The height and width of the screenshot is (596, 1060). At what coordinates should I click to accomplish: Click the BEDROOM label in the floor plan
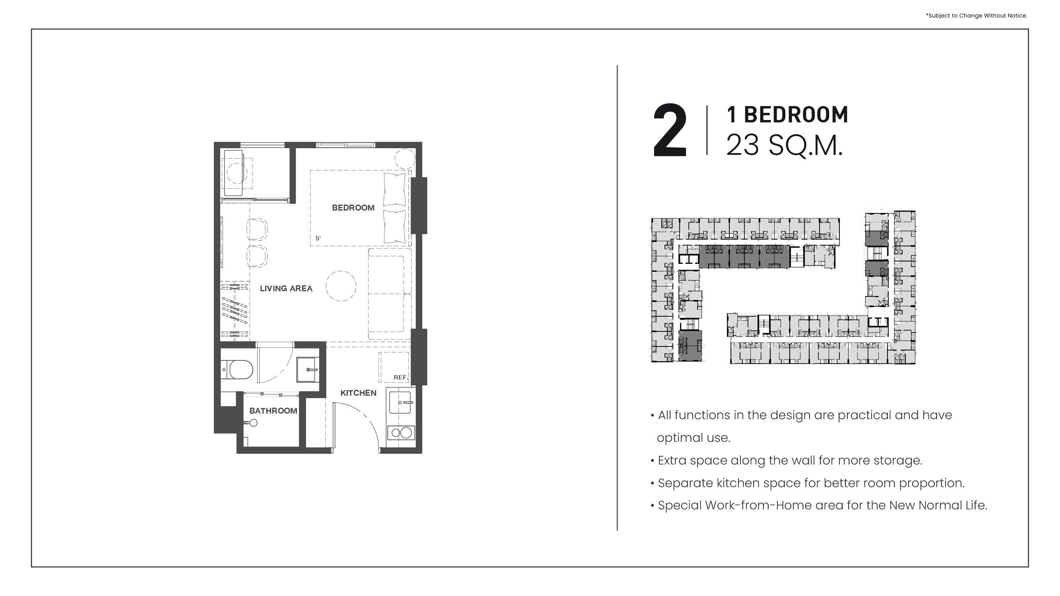tap(353, 208)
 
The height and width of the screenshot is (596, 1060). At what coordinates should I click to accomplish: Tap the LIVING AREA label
tap(286, 288)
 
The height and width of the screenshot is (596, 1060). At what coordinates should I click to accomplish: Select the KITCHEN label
tap(358, 393)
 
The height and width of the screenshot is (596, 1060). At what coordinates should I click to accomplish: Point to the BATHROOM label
tap(273, 410)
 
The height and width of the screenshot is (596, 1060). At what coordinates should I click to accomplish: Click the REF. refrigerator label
tap(401, 377)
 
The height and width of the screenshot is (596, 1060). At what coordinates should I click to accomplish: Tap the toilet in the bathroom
tap(237, 370)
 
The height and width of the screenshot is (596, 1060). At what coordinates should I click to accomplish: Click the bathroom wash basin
tap(307, 370)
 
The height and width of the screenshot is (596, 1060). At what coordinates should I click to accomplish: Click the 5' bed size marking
tap(318, 238)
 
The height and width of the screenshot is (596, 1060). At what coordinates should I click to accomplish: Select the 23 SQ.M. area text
tap(784, 145)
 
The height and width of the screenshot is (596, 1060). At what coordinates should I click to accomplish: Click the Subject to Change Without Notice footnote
tap(976, 15)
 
